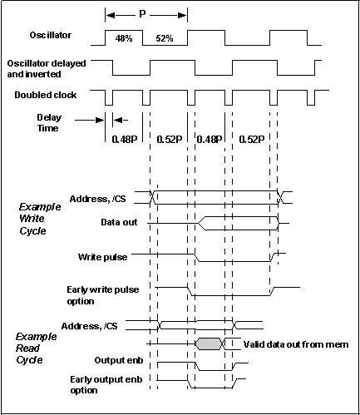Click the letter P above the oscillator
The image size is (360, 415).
pos(142,14)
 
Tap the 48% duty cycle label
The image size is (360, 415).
pos(124,38)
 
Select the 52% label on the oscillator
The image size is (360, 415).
pos(165,38)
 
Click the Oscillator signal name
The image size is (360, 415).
pos(51,35)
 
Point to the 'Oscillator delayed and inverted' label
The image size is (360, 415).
pos(47,69)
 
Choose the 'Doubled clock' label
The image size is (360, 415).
pos(46,95)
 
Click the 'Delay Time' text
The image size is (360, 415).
pos(49,123)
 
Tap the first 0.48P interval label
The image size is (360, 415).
pos(125,139)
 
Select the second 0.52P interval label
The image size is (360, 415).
pos(252,139)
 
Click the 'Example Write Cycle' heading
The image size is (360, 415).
pos(40,219)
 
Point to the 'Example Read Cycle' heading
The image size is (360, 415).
pos(36,348)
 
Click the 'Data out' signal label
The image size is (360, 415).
pos(119,222)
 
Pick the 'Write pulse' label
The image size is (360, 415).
pos(102,257)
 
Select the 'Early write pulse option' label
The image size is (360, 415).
pos(103,295)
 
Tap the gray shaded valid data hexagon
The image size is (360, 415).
pos(209,343)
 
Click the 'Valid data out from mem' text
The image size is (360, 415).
pos(296,344)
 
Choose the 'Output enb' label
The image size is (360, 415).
pos(119,360)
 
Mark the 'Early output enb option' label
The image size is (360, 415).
pos(106,385)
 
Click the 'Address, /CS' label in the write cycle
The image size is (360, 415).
pos(97,199)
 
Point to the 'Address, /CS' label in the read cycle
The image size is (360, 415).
pos(89,326)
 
